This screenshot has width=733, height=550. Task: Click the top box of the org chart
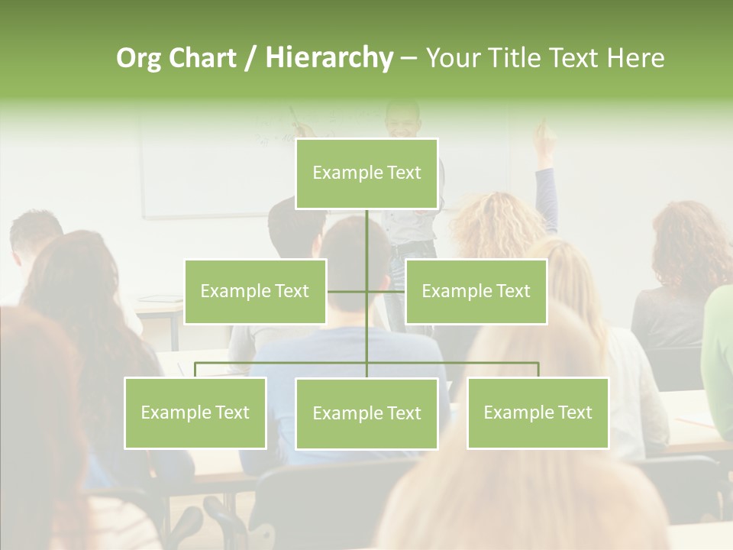coord(366,173)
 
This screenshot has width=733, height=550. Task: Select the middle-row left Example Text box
coord(255,291)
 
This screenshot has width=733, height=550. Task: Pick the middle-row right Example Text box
coord(476,291)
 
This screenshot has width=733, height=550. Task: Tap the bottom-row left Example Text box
coord(195,412)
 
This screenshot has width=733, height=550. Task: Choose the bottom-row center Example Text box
coord(366,413)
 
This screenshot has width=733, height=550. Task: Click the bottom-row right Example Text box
coord(538,412)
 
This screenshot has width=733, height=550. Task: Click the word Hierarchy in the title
coord(328,58)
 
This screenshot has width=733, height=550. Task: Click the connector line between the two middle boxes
coord(366,291)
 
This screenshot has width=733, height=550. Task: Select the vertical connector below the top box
coord(366,233)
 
